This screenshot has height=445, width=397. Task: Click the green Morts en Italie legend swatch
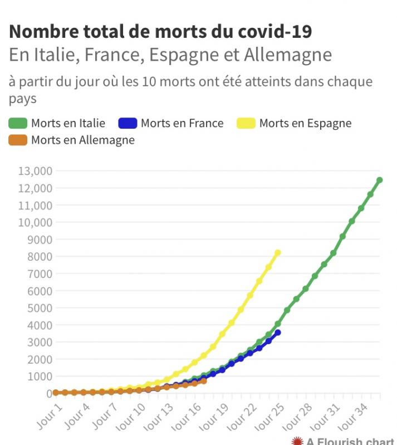click(x=18, y=123)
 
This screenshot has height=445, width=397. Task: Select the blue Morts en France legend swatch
click(x=128, y=123)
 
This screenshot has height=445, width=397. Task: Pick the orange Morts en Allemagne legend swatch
click(x=18, y=140)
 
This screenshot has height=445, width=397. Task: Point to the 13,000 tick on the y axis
click(x=35, y=171)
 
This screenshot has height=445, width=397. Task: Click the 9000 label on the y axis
click(x=40, y=239)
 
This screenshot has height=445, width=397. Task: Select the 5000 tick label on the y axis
click(x=40, y=308)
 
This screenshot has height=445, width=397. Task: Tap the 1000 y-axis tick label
click(x=40, y=376)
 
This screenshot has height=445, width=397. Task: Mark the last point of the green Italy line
click(x=379, y=180)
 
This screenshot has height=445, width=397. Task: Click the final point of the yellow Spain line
click(x=278, y=252)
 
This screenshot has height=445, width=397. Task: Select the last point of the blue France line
click(x=278, y=332)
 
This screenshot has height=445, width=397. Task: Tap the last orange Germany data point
click(x=204, y=381)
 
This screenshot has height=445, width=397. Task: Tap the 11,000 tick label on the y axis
click(x=35, y=205)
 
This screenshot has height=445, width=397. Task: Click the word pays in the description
click(x=22, y=99)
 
